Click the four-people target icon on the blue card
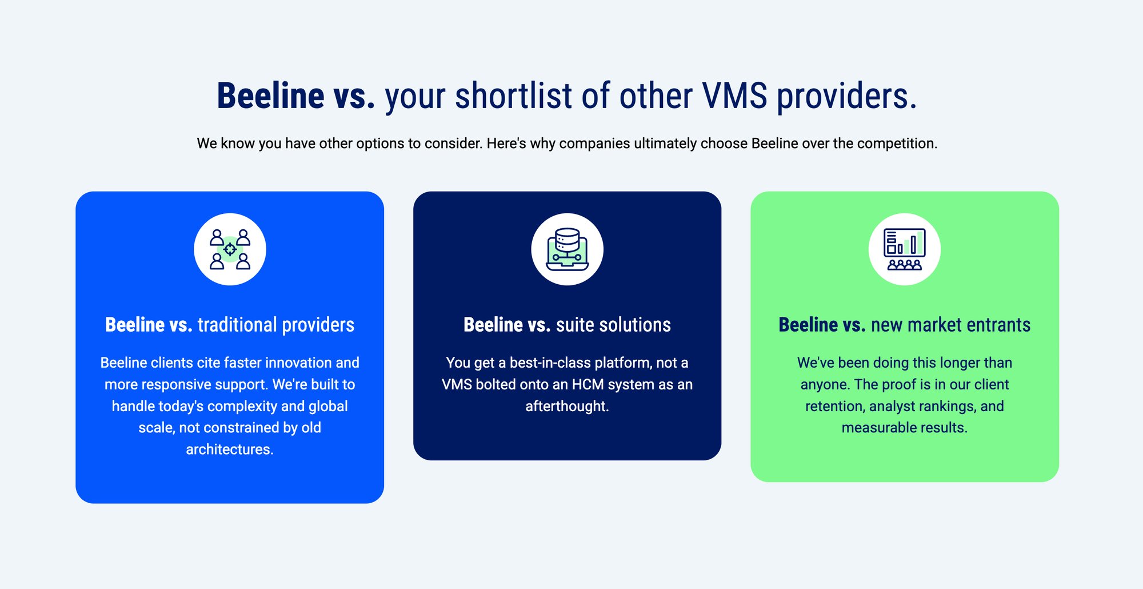pyautogui.click(x=230, y=249)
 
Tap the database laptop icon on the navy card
pyautogui.click(x=567, y=249)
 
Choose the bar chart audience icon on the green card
pyautogui.click(x=904, y=249)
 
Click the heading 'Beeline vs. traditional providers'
pyautogui.click(x=230, y=325)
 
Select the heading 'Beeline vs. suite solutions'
pyautogui.click(x=567, y=325)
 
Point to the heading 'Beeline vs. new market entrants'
pyautogui.click(x=904, y=325)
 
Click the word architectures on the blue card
pyautogui.click(x=229, y=449)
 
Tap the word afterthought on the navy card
pyautogui.click(x=567, y=407)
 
